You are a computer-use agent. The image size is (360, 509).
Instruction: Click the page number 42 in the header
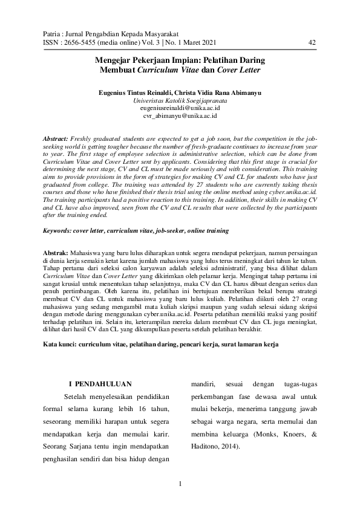tap(312, 42)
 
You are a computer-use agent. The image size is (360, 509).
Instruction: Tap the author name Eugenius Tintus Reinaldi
tap(132, 93)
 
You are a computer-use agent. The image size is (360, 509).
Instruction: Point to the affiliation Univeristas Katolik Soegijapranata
tap(180, 100)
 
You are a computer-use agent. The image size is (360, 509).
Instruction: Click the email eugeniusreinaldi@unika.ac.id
tap(180, 108)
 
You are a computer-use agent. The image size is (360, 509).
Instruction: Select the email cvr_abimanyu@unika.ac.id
tap(180, 115)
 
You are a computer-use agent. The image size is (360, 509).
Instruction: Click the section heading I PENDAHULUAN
tap(99, 383)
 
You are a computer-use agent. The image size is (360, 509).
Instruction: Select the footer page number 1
tap(180, 482)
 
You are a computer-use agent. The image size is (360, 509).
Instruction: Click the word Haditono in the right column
tap(205, 447)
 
